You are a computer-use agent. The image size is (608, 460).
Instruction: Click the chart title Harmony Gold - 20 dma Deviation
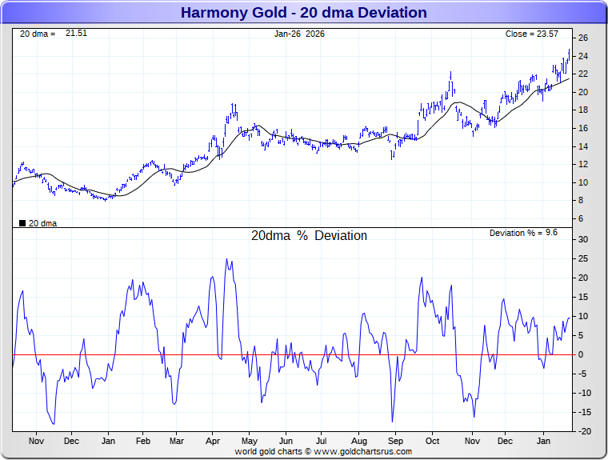pyautogui.click(x=303, y=13)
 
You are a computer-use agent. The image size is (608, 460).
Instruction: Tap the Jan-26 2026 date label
pyautogui.click(x=299, y=34)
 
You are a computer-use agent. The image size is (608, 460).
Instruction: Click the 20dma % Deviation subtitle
pyautogui.click(x=309, y=236)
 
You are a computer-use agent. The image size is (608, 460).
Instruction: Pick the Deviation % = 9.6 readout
pyautogui.click(x=523, y=233)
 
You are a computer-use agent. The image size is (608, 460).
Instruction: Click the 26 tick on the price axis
pyautogui.click(x=583, y=38)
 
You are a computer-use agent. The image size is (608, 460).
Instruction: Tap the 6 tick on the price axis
pyautogui.click(x=581, y=218)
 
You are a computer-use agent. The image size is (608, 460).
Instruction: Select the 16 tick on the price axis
pyautogui.click(x=583, y=128)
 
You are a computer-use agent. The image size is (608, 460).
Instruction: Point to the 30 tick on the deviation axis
pyautogui.click(x=583, y=239)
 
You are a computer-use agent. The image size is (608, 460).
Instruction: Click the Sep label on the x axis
pyautogui.click(x=394, y=441)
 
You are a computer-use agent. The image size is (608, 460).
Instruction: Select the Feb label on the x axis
pyautogui.click(x=143, y=441)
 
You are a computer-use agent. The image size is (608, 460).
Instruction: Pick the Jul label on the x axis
pyautogui.click(x=322, y=441)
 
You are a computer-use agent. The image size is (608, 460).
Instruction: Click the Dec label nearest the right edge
pyautogui.click(x=505, y=441)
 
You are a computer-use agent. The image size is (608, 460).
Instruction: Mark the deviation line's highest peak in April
pyautogui.click(x=226, y=259)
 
